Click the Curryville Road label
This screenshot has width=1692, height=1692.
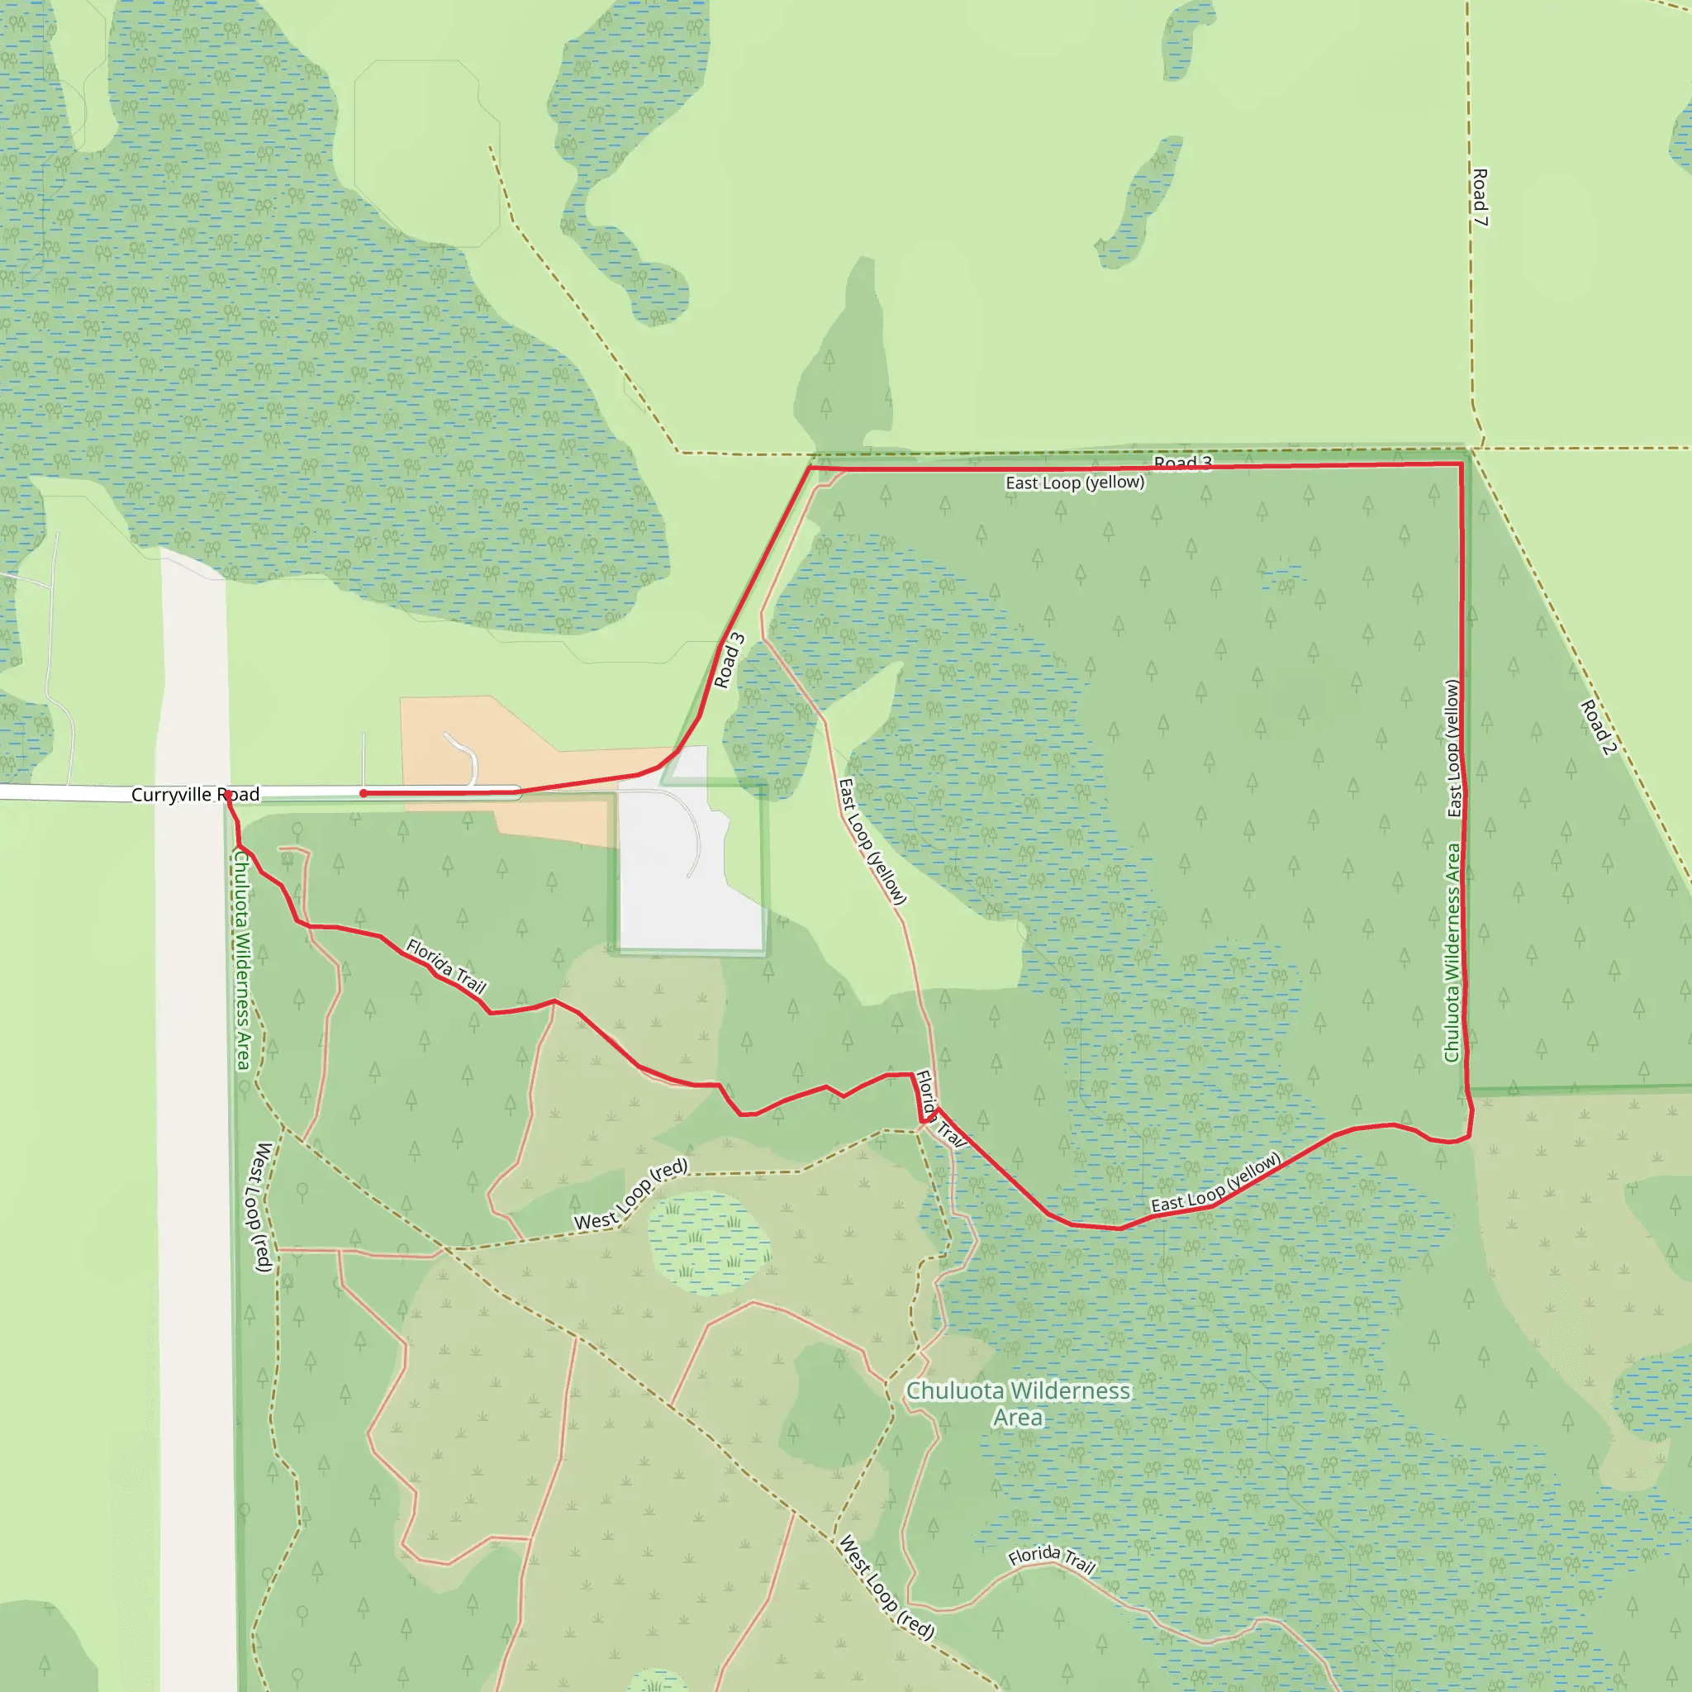(195, 794)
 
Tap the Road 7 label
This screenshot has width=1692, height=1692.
(1479, 198)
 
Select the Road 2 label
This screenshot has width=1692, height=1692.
(1599, 727)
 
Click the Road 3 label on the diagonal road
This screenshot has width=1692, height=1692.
(729, 661)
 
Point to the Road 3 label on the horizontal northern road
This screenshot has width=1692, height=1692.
(1182, 462)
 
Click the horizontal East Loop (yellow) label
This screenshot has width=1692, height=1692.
(1075, 482)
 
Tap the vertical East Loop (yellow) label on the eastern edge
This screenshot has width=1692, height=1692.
(1453, 749)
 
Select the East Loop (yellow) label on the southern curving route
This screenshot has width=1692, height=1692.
(1215, 1182)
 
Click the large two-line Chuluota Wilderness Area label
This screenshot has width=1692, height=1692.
(1018, 1404)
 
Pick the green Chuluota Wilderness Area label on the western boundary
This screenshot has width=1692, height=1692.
(242, 960)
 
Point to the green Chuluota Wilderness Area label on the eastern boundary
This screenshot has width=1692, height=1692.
(1452, 953)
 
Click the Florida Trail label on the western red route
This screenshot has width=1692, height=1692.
(446, 965)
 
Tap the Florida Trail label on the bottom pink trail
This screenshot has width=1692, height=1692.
(1051, 1560)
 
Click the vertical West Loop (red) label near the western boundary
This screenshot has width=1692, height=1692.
(262, 1207)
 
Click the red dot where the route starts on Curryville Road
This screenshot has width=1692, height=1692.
(364, 793)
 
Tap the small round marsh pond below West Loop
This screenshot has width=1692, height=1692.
(709, 1243)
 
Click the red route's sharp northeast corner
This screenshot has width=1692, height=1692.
(1461, 463)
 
